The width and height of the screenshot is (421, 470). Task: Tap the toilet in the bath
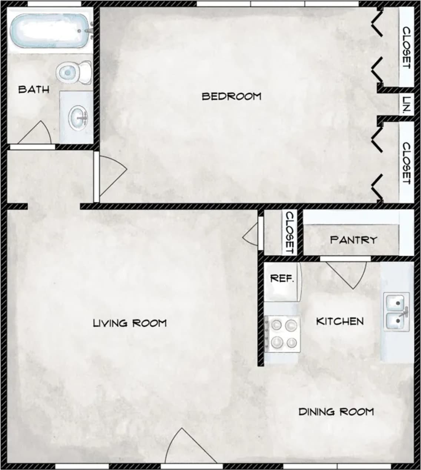click(x=74, y=72)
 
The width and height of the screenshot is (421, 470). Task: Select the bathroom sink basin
click(x=79, y=117)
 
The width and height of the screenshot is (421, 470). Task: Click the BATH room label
click(x=34, y=89)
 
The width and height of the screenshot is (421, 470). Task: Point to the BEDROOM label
click(x=231, y=96)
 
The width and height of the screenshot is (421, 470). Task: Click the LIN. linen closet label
click(x=407, y=105)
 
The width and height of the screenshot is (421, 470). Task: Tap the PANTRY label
click(x=353, y=240)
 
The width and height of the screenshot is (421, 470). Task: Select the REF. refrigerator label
click(x=282, y=278)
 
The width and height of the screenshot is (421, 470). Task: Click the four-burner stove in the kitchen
click(x=282, y=334)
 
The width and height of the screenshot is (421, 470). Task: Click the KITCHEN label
click(x=340, y=321)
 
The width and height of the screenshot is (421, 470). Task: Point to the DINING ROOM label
click(x=336, y=411)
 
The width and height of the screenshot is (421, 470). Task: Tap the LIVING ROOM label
click(x=130, y=323)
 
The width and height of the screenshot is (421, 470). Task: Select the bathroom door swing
click(x=35, y=134)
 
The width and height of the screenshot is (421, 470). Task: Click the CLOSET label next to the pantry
click(x=289, y=233)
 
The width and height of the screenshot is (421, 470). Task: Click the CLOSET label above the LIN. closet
click(x=407, y=47)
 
